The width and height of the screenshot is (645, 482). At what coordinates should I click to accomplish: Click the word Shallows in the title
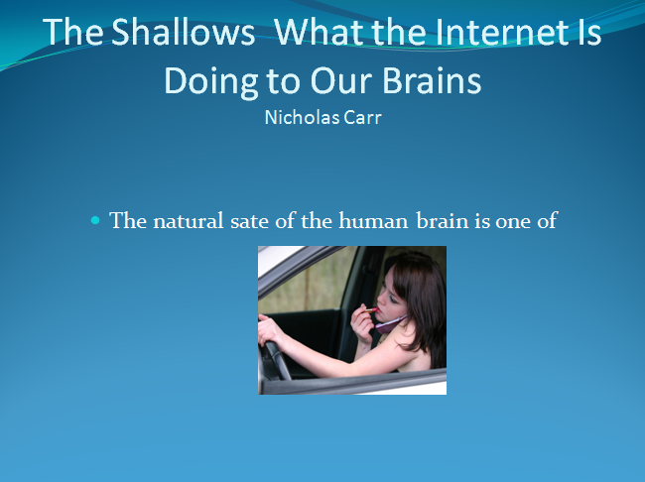click(183, 32)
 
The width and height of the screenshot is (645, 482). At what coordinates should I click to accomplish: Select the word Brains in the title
click(432, 80)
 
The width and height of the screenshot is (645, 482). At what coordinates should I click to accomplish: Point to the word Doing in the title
click(211, 82)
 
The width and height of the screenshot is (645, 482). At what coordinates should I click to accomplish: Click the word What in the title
click(320, 32)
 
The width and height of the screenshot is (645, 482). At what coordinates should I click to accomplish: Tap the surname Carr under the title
click(363, 118)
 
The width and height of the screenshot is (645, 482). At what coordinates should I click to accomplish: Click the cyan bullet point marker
click(95, 221)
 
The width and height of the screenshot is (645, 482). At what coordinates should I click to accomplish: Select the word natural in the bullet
click(189, 221)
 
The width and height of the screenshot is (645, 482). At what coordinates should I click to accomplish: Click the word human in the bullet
click(373, 221)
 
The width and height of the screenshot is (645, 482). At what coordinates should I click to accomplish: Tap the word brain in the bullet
click(443, 221)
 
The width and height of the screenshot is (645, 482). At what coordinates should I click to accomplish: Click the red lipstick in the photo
click(371, 309)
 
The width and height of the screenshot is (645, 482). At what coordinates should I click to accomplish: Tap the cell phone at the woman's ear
click(390, 324)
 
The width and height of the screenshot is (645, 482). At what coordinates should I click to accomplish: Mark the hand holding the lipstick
click(361, 325)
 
